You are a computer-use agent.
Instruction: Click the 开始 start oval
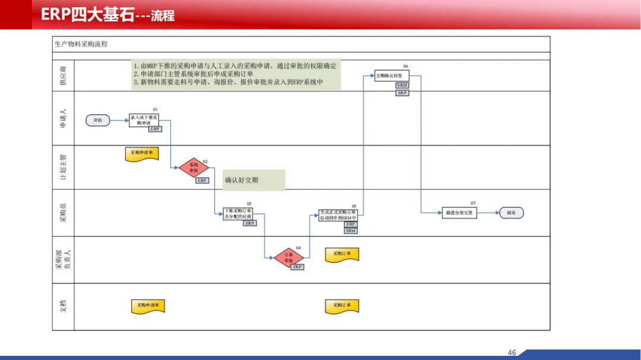click(97, 120)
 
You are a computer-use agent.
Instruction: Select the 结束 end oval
click(511, 212)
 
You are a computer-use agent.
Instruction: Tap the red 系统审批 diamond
click(193, 167)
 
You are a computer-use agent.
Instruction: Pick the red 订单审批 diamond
click(289, 257)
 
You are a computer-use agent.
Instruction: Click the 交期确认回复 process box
click(392, 76)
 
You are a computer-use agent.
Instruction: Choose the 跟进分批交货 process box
click(459, 212)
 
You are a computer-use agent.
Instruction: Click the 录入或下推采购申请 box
click(144, 120)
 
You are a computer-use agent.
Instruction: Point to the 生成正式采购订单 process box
click(338, 214)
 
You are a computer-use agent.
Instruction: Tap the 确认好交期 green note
click(254, 180)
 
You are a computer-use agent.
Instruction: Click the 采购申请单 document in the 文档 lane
click(148, 305)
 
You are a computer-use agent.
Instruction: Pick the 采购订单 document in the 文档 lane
click(342, 305)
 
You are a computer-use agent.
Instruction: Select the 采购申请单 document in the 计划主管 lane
click(141, 153)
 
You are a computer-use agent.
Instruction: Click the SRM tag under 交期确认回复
click(402, 85)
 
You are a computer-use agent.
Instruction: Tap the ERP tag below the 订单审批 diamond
click(297, 267)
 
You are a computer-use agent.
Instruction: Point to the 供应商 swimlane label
click(63, 77)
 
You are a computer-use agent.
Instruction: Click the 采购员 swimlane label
click(63, 212)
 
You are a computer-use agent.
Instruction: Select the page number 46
click(512, 353)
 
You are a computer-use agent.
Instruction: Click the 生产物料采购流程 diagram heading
click(81, 44)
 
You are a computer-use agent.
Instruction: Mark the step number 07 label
click(473, 203)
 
